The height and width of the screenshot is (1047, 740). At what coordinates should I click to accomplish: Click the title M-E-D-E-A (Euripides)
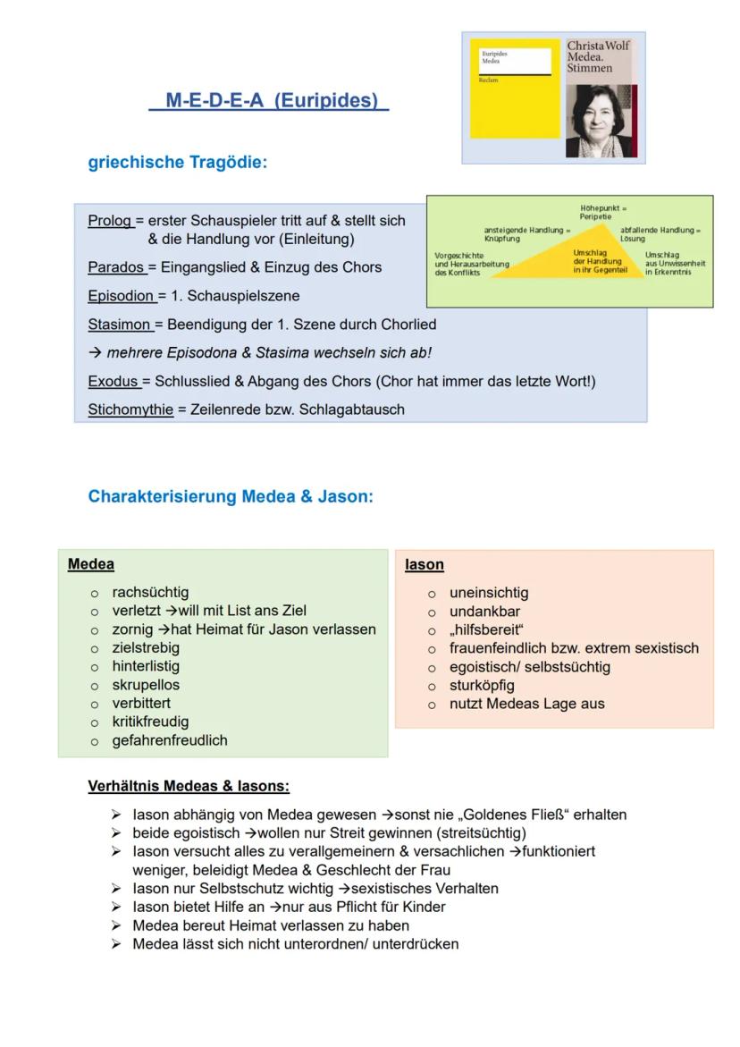(x=268, y=100)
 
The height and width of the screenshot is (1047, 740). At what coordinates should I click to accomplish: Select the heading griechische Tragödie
(x=178, y=163)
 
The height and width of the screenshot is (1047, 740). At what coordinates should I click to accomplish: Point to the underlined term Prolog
(x=110, y=220)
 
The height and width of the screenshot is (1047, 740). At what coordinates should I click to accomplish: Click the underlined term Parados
(x=116, y=267)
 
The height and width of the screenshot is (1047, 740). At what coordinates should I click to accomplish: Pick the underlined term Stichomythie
(x=130, y=410)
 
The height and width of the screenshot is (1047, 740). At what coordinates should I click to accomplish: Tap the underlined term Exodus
(x=114, y=382)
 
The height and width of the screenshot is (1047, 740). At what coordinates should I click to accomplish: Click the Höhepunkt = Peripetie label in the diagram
(x=602, y=212)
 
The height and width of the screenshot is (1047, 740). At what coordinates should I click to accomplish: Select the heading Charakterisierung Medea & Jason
(x=231, y=497)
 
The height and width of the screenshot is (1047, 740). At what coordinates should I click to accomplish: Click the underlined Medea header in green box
(x=91, y=564)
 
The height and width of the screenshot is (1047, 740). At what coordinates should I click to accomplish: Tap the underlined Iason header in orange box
(x=424, y=564)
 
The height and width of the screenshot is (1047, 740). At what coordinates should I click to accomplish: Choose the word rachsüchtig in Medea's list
(x=150, y=592)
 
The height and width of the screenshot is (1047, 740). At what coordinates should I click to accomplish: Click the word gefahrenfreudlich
(x=170, y=740)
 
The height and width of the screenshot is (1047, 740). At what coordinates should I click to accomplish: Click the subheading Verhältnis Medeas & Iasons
(x=189, y=787)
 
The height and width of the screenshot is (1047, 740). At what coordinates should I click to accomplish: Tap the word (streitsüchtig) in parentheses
(x=475, y=832)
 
